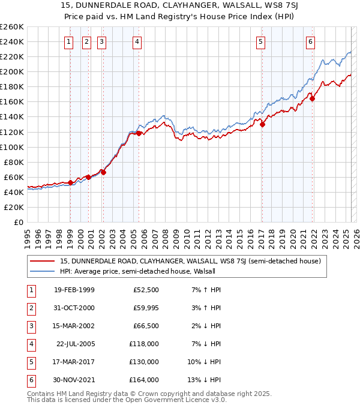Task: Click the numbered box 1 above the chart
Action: (x=69, y=41)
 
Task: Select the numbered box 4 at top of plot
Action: (x=137, y=41)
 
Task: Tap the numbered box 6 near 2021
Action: (x=310, y=41)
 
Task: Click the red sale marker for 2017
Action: (x=263, y=124)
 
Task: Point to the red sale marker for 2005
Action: (x=139, y=133)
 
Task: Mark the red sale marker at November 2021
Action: (x=313, y=98)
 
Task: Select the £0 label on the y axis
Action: (x=19, y=222)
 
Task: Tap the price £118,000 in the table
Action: (x=145, y=344)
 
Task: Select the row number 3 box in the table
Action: (x=30, y=326)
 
